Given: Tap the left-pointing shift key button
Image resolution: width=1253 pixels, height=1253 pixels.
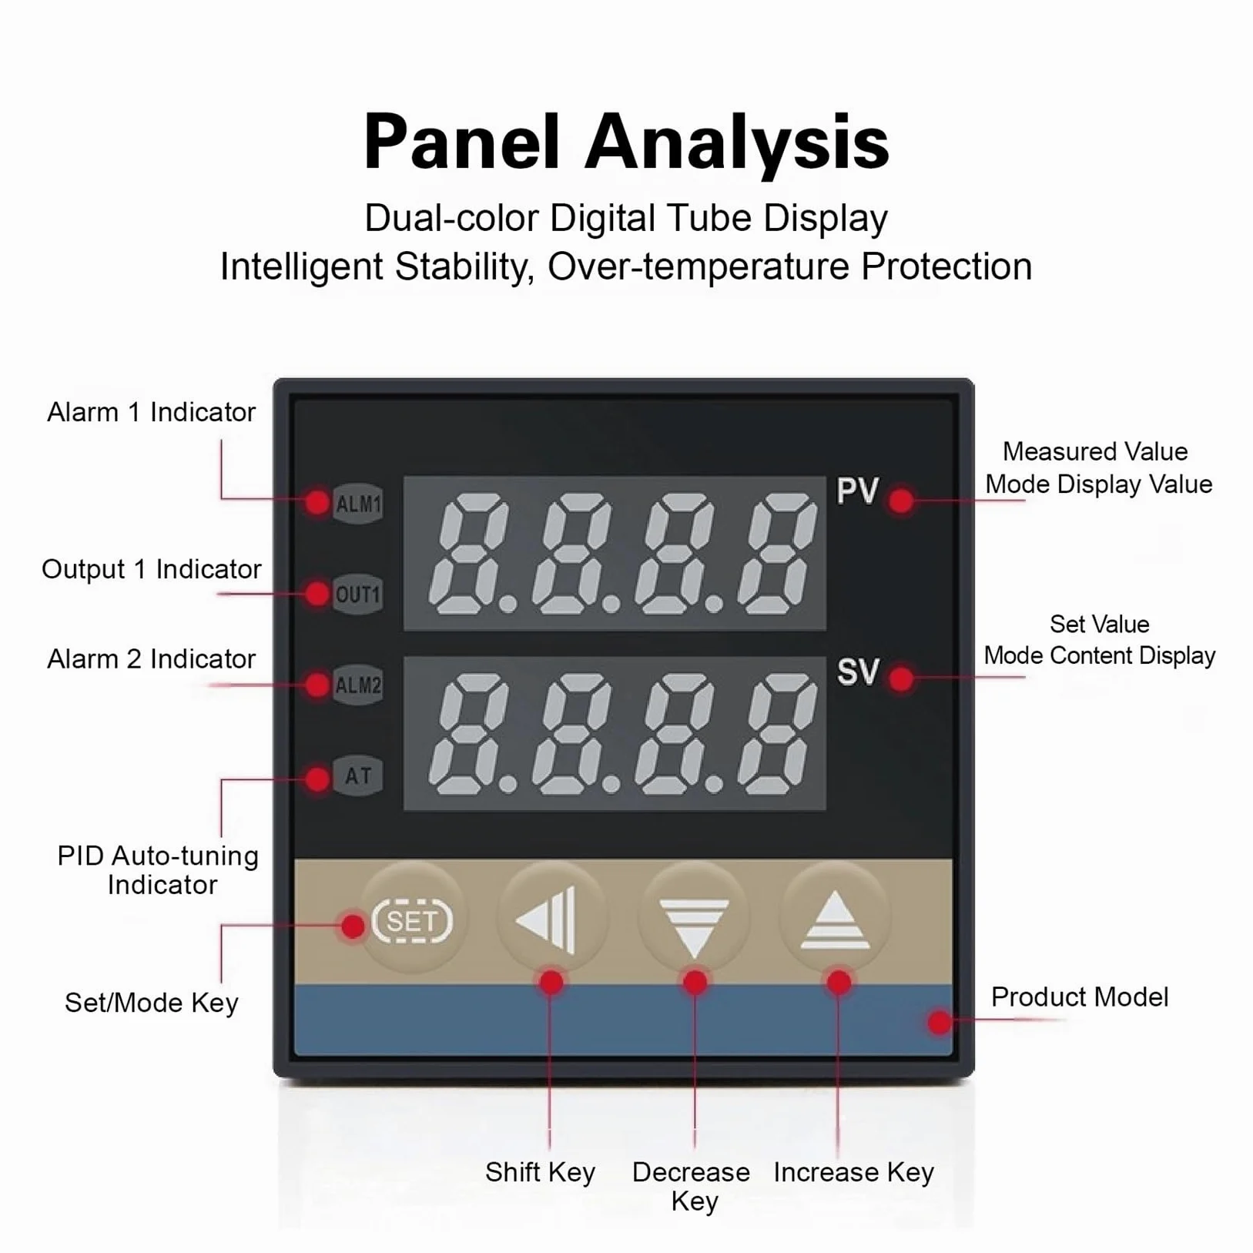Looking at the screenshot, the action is click(551, 918).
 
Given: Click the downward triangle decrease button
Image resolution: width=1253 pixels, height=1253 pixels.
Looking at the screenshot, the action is click(694, 918).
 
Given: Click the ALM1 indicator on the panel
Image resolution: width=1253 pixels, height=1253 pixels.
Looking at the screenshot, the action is click(358, 504).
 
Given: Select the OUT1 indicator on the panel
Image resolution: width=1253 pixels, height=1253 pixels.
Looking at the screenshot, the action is click(358, 595).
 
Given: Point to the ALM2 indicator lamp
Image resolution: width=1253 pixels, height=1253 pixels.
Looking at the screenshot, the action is click(358, 685).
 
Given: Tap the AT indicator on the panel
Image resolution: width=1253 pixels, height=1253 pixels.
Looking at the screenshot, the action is click(358, 776).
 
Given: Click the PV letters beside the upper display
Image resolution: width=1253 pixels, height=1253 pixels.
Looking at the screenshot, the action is click(857, 491).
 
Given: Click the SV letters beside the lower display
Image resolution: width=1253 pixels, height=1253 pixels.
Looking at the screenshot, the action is click(857, 672).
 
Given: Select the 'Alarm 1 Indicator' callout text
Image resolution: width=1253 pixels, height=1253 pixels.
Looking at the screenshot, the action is click(151, 412).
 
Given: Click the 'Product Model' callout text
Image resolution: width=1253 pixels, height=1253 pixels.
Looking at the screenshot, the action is click(1079, 997).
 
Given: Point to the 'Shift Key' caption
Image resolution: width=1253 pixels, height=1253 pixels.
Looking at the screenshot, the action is click(540, 1172).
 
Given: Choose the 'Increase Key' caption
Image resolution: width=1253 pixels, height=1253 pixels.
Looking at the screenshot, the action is click(853, 1172).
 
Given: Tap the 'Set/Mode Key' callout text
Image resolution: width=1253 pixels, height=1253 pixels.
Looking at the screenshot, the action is click(151, 1003).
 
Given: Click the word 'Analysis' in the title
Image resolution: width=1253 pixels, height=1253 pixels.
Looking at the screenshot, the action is click(737, 143).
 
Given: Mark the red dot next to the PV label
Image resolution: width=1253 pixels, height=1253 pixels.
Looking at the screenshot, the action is click(901, 501).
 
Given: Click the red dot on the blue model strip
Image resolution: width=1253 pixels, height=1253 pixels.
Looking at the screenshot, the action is click(939, 1022).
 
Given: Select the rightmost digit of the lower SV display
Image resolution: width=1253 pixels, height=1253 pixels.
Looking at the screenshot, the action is click(778, 734).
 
